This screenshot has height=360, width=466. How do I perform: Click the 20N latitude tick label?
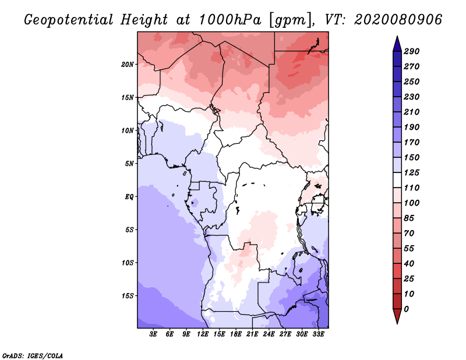pos(128,64)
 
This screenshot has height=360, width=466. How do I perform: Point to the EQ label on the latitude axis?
pos(129,196)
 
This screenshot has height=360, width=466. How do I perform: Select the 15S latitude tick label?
pos(128,295)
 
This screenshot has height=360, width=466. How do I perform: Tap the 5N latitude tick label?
pos(129,163)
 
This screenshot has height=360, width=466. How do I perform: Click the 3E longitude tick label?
pos(154,334)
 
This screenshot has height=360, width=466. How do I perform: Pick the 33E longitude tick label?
pos(318,334)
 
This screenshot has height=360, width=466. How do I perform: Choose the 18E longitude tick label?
pos(236,334)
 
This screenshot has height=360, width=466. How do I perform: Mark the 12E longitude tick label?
pos(203,334)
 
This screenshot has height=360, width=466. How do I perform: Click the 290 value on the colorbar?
pos(412,51)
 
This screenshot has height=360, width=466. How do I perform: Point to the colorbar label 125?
pos(412,172)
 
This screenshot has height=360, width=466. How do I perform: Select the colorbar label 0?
pos(406,309)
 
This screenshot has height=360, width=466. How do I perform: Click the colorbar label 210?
pos(412,112)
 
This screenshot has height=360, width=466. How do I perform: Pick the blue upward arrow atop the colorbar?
pos(396,43)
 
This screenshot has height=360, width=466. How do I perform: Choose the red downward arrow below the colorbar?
pos(396,316)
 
